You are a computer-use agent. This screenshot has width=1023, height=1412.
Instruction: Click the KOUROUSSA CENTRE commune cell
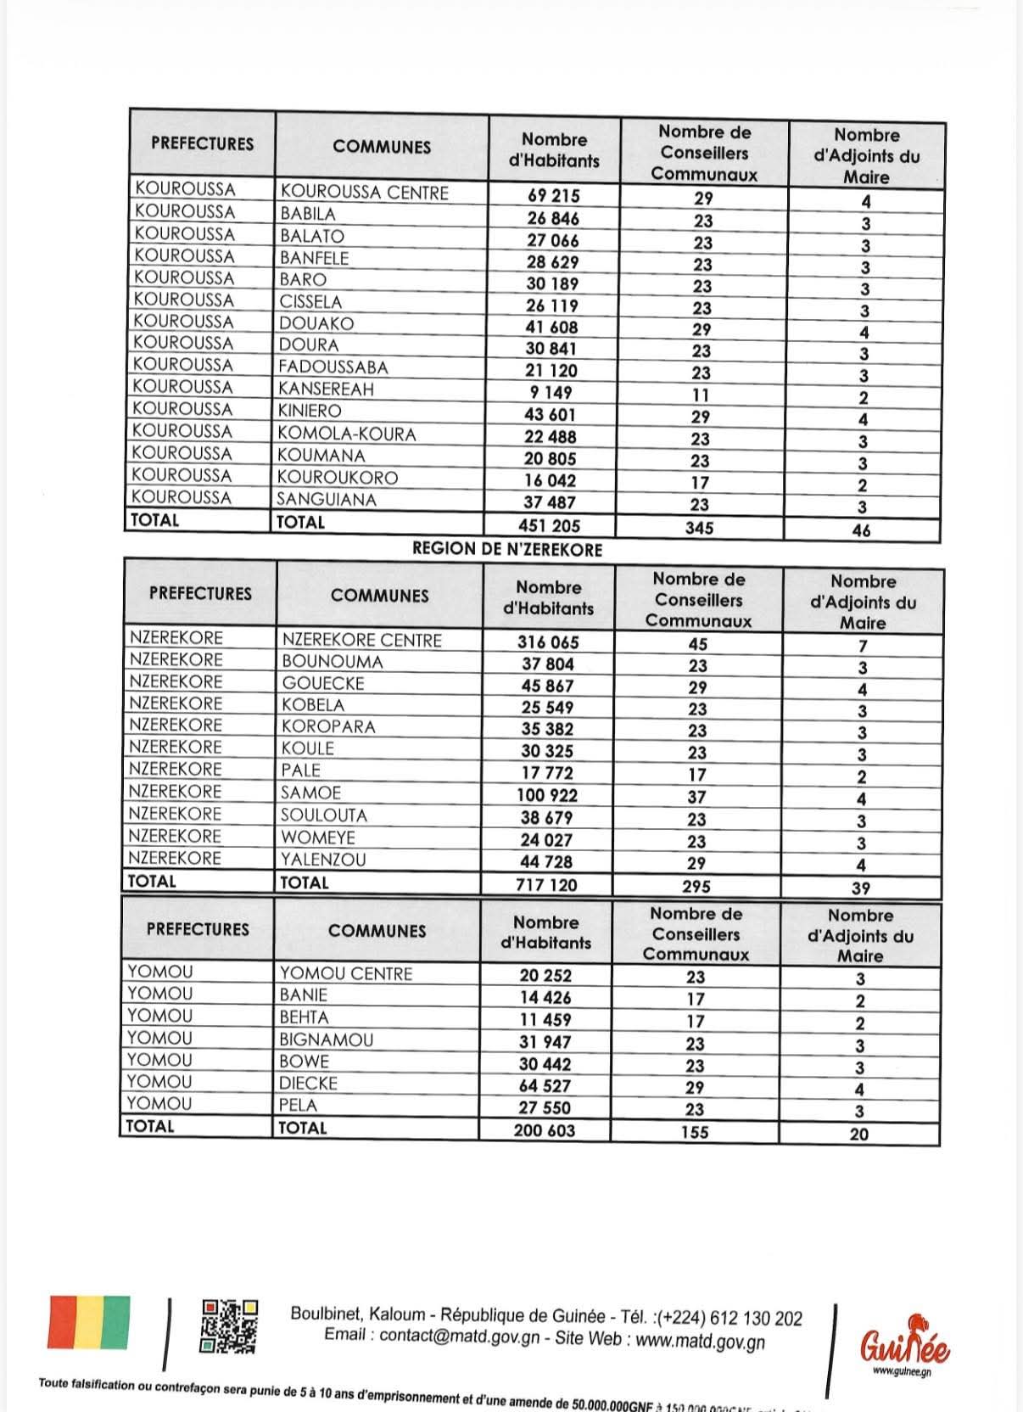(x=364, y=193)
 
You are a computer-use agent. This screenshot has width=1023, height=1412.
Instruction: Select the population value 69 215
(x=553, y=196)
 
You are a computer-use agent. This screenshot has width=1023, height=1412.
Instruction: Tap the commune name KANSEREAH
(x=326, y=389)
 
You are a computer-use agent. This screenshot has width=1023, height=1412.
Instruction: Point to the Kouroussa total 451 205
(x=549, y=526)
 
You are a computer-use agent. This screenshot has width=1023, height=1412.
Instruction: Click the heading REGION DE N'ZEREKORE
(x=506, y=550)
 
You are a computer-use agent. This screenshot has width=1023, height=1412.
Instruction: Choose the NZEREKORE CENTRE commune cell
(x=361, y=640)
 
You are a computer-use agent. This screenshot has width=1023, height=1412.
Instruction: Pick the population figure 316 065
(x=548, y=642)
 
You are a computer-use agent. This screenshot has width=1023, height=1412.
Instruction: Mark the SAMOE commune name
(x=310, y=793)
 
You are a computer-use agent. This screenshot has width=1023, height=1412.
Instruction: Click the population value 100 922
(x=547, y=796)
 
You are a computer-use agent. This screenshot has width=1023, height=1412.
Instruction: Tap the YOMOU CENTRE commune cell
(x=346, y=973)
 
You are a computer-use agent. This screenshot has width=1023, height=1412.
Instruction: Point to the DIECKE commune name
(x=309, y=1084)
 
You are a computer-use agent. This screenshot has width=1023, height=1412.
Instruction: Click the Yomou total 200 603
(x=544, y=1131)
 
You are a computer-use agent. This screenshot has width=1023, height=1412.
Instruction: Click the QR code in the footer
(x=229, y=1325)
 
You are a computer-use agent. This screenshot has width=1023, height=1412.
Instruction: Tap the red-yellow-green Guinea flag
(x=89, y=1322)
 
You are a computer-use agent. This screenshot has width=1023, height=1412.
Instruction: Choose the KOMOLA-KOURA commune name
(x=347, y=434)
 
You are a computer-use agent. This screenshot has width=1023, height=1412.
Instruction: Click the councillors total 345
(x=699, y=528)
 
